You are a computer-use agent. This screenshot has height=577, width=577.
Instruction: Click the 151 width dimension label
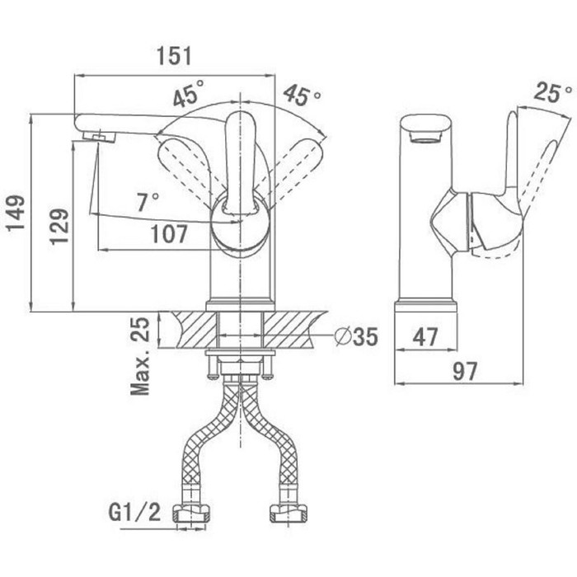tap(175, 56)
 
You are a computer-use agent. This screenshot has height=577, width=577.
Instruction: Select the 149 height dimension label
tap(16, 213)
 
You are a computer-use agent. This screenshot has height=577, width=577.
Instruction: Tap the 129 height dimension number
tap(59, 227)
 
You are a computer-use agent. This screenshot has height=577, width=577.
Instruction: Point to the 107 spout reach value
tap(169, 233)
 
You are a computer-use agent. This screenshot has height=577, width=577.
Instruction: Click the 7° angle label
tap(148, 202)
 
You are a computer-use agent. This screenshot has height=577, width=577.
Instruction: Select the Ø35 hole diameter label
tap(356, 336)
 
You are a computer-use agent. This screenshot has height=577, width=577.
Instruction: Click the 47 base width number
tap(425, 336)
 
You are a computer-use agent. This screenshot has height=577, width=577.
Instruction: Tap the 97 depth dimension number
tap(465, 371)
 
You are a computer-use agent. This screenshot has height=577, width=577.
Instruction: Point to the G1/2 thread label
tap(134, 512)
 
